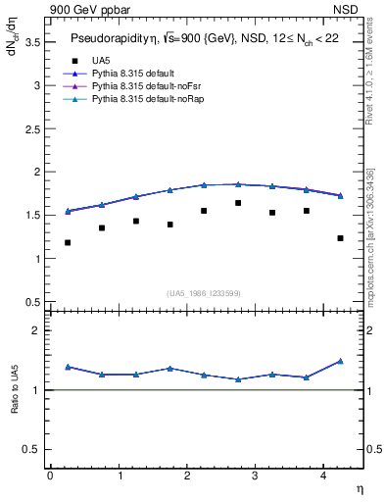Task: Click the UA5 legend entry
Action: [100, 61]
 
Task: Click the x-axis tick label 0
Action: [50, 475]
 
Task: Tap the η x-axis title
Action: [359, 487]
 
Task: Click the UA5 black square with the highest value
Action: [238, 203]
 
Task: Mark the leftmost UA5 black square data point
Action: [68, 242]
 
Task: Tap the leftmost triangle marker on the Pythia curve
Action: [68, 211]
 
